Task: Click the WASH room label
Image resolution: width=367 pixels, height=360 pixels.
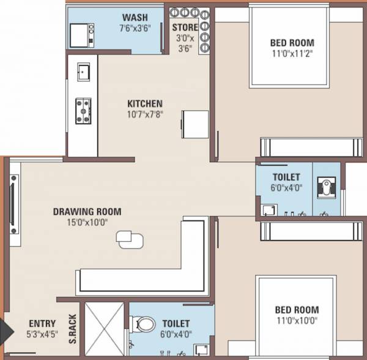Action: pyautogui.click(x=133, y=17)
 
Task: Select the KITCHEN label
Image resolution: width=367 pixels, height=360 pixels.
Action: pyautogui.click(x=144, y=103)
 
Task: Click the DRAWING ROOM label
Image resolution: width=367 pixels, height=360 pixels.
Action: pyautogui.click(x=87, y=212)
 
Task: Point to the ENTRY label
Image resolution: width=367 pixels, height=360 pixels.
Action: pyautogui.click(x=42, y=323)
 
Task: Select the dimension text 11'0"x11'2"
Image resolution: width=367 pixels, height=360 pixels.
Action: pyautogui.click(x=292, y=53)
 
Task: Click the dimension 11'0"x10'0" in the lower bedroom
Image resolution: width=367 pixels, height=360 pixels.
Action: pyautogui.click(x=292, y=321)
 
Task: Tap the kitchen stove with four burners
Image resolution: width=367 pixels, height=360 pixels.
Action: pyautogui.click(x=83, y=110)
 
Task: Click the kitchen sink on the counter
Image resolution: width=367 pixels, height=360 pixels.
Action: pyautogui.click(x=83, y=72)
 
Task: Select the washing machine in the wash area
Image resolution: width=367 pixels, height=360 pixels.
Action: pyautogui.click(x=81, y=35)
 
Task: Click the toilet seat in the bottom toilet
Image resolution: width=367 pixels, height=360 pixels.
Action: pyautogui.click(x=143, y=324)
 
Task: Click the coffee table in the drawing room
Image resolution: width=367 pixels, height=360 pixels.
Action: pyautogui.click(x=130, y=238)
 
